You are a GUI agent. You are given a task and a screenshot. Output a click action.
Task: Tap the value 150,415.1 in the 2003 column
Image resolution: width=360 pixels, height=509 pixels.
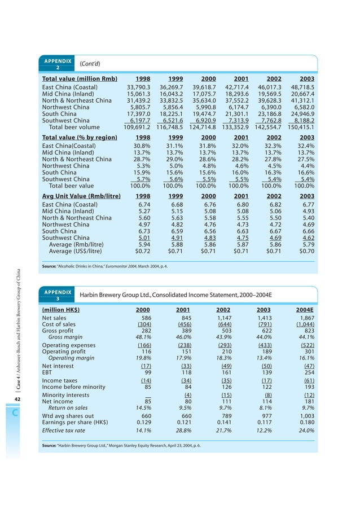point(298,127)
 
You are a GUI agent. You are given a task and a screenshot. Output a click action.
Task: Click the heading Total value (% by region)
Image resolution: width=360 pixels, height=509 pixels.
point(80,137)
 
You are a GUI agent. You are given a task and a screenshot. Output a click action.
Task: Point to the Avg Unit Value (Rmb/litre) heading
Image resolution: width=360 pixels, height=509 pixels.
point(81,196)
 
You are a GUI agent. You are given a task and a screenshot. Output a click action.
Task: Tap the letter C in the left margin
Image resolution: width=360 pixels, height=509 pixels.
point(16,413)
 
